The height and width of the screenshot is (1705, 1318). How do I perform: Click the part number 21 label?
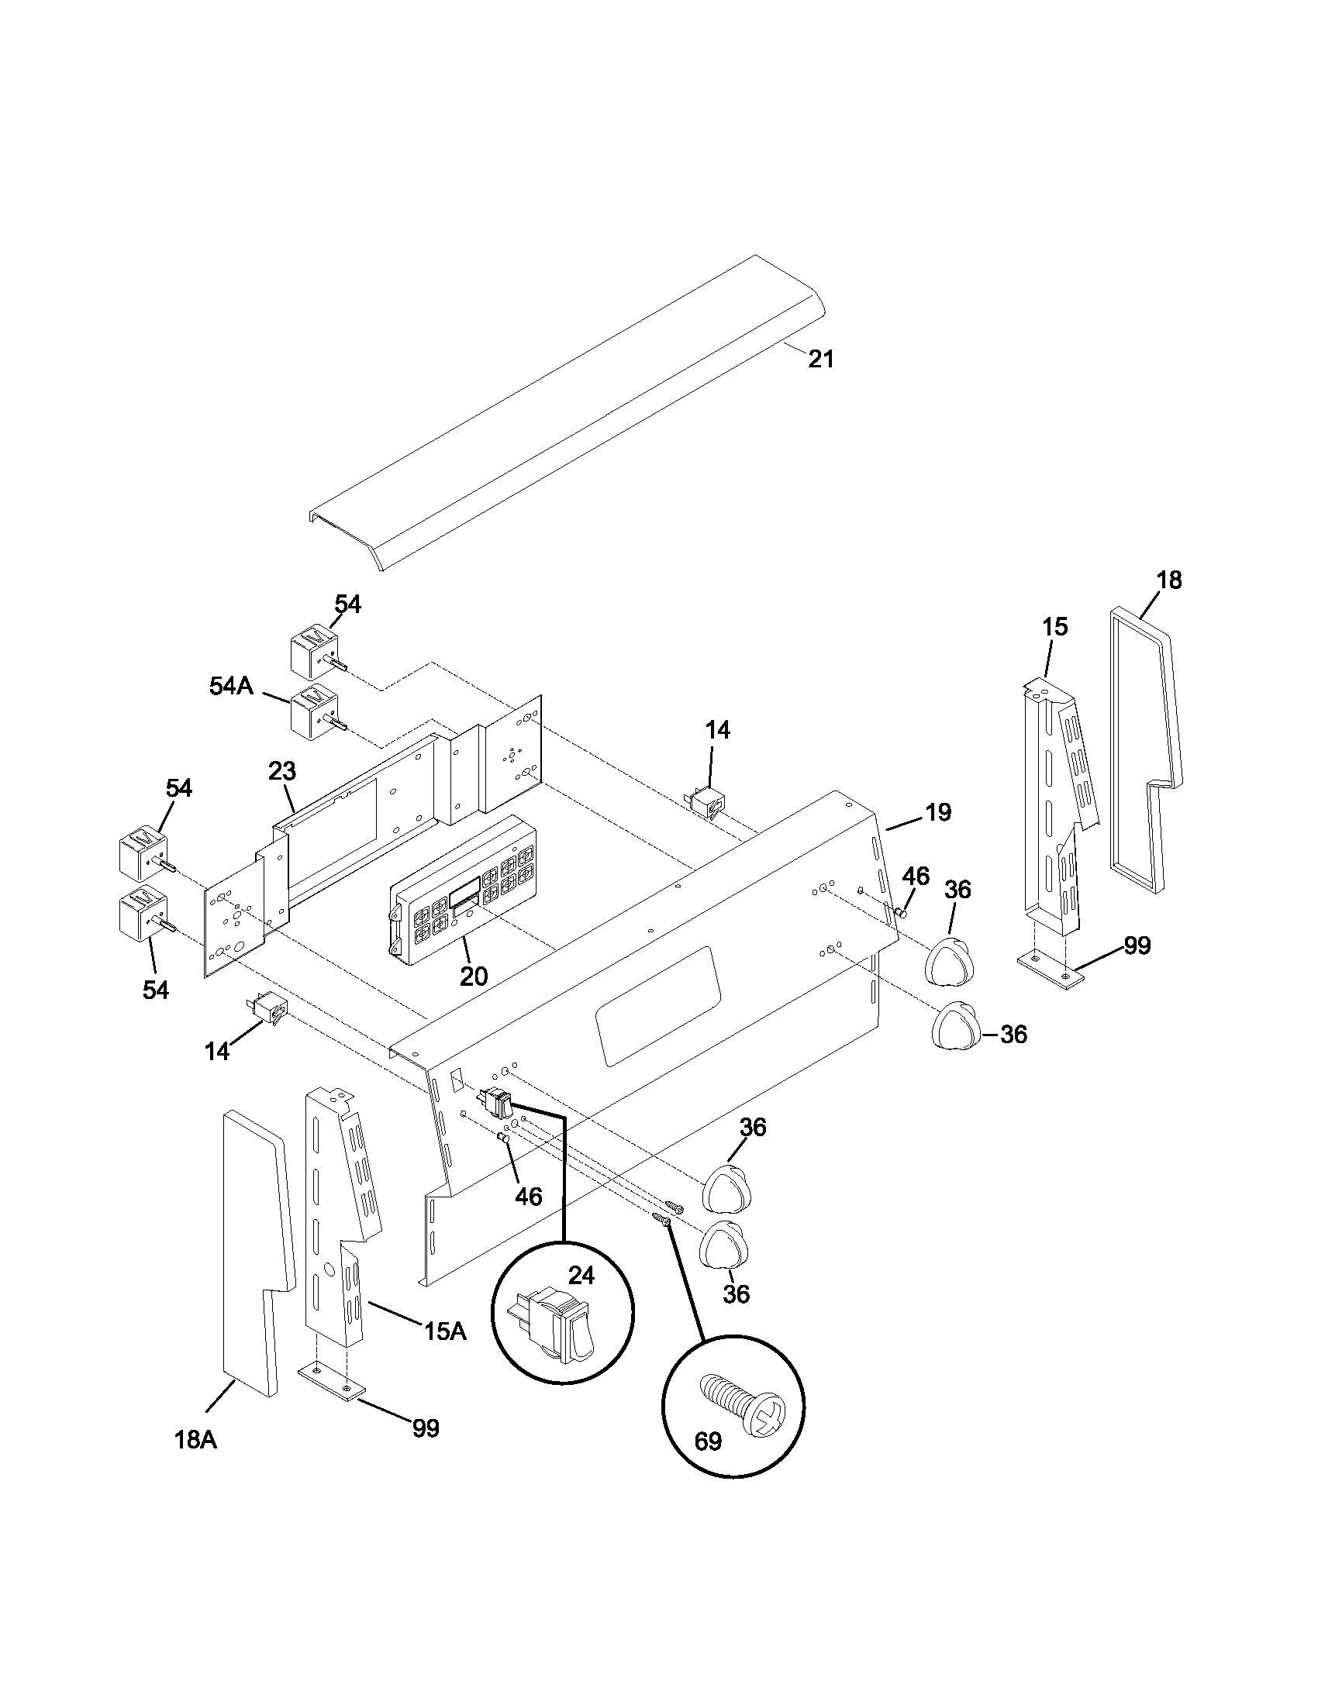pos(820,359)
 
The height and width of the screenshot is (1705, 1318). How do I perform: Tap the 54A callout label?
pos(231,686)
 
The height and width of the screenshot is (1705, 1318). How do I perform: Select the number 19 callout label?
pos(939,813)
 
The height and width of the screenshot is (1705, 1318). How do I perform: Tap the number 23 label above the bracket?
pos(282,771)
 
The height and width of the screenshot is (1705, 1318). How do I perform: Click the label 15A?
pos(445,1331)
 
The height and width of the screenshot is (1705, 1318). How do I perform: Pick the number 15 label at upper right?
pos(1054,627)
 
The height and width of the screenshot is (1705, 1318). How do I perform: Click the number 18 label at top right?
pos(1169,580)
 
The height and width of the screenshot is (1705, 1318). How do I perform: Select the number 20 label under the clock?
pos(473,976)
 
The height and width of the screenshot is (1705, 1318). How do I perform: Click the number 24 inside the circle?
pos(581,1276)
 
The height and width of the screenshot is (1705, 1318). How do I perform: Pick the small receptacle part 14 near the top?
pos(706,801)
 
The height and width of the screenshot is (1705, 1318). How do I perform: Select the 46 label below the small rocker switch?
pos(529,1197)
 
